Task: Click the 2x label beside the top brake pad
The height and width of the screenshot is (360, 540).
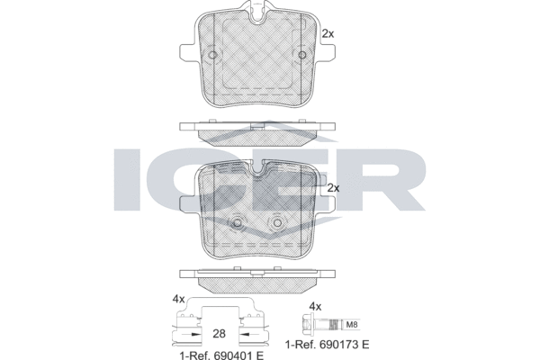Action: click(328, 34)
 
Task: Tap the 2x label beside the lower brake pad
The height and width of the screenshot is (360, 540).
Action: click(333, 188)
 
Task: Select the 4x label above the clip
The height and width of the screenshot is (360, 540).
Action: click(179, 300)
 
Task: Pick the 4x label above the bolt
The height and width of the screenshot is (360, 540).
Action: click(315, 306)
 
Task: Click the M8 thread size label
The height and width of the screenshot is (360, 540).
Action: click(352, 325)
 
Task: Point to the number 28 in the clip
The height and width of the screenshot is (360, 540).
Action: click(219, 334)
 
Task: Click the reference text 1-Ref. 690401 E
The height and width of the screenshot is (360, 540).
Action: click(221, 355)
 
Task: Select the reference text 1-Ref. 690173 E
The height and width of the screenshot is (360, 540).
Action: click(328, 344)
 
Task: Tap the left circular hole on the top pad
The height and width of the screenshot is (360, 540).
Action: click(212, 55)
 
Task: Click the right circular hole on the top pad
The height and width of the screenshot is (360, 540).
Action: click(302, 55)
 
